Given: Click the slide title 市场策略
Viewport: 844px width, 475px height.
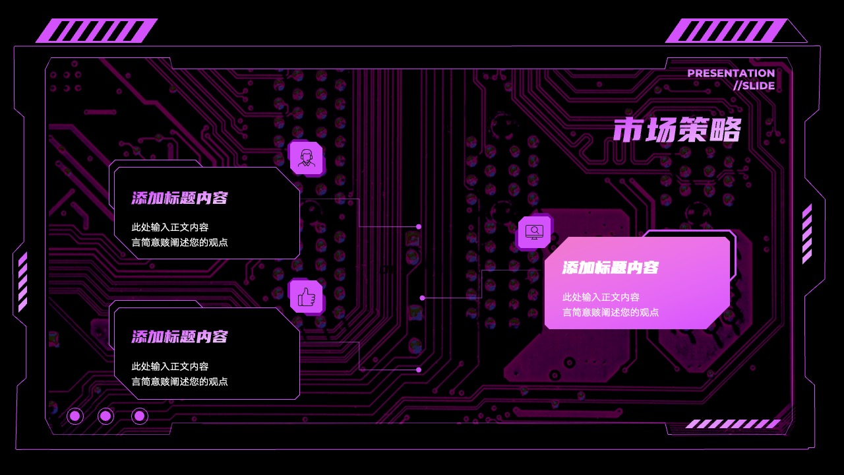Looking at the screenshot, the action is tap(677, 130).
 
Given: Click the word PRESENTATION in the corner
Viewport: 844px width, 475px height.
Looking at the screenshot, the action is tap(731, 73).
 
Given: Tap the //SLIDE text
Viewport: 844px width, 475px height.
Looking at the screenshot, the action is tap(754, 86).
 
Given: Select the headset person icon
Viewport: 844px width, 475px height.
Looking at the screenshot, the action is tap(307, 158).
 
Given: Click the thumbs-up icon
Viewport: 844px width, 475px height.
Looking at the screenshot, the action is tap(307, 297).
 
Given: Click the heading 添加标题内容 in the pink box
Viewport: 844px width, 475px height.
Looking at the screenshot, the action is tap(611, 268).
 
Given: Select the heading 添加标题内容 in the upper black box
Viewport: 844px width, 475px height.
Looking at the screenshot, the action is tap(180, 198).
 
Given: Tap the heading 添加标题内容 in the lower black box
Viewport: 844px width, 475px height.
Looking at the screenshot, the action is tap(180, 336).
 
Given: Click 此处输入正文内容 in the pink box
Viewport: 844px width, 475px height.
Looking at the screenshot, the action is tap(601, 298).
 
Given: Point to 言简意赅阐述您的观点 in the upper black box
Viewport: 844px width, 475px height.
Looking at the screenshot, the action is tap(180, 242).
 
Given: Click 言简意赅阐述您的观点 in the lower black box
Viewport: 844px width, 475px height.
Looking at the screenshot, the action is tap(180, 381).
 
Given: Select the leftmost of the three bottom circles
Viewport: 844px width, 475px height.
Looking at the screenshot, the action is tap(75, 416).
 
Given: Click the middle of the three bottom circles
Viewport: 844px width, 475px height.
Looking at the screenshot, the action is tap(106, 416).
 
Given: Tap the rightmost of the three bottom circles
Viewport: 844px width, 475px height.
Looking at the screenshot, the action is tap(140, 416).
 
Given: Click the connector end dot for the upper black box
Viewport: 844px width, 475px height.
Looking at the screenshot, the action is tap(419, 226).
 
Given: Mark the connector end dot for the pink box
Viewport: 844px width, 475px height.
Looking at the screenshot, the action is tap(423, 298).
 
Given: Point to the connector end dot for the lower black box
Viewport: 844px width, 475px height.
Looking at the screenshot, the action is tap(419, 370).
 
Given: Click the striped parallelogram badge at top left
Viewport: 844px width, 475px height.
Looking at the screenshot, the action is tap(97, 30).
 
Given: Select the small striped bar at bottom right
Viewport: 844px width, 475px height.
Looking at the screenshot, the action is tap(733, 424).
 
